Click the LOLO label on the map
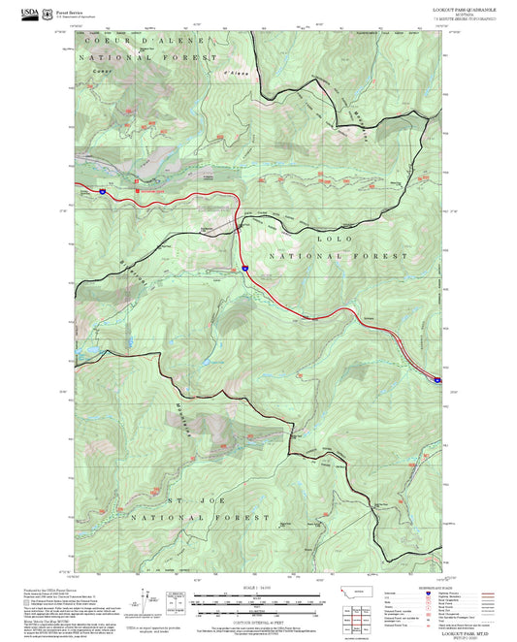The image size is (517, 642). click(x=336, y=238)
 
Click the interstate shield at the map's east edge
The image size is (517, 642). click(x=437, y=380)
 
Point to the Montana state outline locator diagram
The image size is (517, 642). click(x=356, y=592)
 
